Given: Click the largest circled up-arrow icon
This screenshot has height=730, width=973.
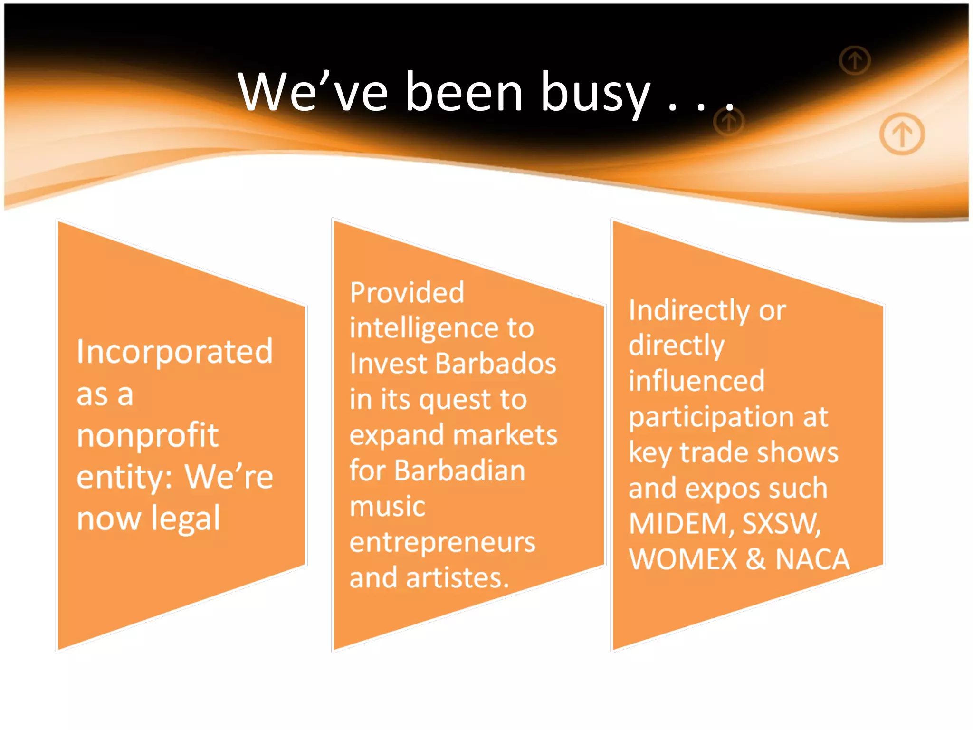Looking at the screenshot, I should click(902, 134).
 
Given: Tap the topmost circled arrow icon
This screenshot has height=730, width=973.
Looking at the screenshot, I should click(855, 60).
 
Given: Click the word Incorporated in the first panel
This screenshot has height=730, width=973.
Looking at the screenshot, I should click(175, 352).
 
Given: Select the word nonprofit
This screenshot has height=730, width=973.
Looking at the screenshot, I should click(147, 435).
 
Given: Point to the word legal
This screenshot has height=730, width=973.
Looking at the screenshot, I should click(185, 518).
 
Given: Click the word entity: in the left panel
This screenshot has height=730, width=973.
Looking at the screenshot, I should click(125, 477).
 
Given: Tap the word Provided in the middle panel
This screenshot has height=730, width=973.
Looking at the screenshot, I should click(407, 292).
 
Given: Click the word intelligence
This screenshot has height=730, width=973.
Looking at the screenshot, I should click(422, 328).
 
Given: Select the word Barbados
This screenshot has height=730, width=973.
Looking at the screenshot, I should click(496, 364).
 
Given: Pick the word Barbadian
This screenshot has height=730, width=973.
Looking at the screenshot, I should click(459, 471).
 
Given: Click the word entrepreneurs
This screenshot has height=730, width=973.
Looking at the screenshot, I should click(442, 542).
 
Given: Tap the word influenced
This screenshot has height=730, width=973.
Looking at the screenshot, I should click(696, 381).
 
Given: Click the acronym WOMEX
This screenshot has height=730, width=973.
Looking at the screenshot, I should click(683, 559).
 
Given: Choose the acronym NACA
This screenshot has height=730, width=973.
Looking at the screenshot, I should click(812, 559).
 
